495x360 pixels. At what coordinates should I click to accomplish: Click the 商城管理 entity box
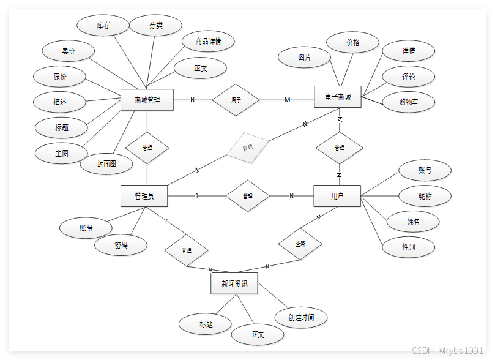click(147, 100)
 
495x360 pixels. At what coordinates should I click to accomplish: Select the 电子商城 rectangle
click(338, 97)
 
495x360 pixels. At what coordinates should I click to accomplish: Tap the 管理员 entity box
click(144, 196)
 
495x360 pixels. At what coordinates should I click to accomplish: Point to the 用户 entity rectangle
click(337, 196)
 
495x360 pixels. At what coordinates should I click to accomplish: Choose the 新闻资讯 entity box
click(234, 284)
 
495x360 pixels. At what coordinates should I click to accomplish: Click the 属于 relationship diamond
click(236, 100)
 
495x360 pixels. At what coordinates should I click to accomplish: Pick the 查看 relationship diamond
click(300, 244)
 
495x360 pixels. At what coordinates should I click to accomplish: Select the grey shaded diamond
click(247, 148)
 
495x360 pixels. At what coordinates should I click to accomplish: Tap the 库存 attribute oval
click(103, 26)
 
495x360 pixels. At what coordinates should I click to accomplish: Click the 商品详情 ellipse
click(208, 42)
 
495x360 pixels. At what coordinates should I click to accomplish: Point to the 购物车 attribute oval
click(408, 102)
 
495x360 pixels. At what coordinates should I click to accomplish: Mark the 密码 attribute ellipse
click(121, 245)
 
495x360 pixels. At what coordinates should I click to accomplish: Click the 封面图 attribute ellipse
click(106, 163)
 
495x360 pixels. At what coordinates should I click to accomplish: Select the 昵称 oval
click(425, 196)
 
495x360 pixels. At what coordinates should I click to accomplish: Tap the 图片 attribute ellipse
click(304, 57)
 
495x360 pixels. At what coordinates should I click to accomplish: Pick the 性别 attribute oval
click(409, 247)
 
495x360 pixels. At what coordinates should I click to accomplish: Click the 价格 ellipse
click(353, 43)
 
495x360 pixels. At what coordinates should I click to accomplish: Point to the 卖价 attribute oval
click(69, 51)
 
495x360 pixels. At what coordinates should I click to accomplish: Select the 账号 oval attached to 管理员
click(86, 228)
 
